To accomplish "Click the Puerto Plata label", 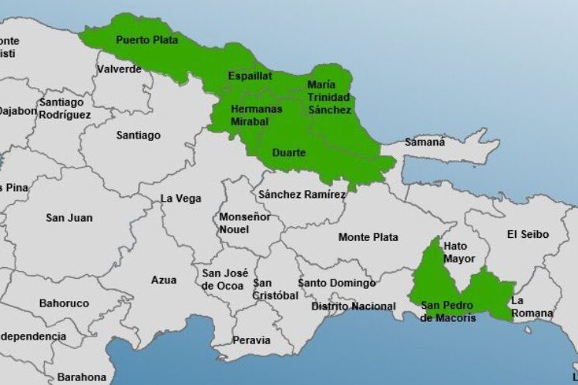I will (146, 39).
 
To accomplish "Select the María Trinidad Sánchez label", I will (329, 97).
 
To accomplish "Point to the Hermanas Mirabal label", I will (256, 115).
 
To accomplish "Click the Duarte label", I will (289, 152).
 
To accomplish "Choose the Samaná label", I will (425, 142).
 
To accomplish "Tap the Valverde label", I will (119, 69).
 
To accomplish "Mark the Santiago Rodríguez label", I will (65, 109).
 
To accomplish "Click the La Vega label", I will (180, 198).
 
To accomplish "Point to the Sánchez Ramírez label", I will (302, 195).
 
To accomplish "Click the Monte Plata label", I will (368, 237).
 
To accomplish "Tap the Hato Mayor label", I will (459, 253).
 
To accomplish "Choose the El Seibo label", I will (528, 234).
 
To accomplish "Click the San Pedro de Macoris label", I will (449, 311).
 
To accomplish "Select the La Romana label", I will (532, 306).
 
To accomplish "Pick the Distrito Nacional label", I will (353, 306).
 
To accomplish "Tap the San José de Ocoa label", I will (224, 279).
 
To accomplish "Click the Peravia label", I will (251, 340).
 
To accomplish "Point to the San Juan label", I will (69, 218).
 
